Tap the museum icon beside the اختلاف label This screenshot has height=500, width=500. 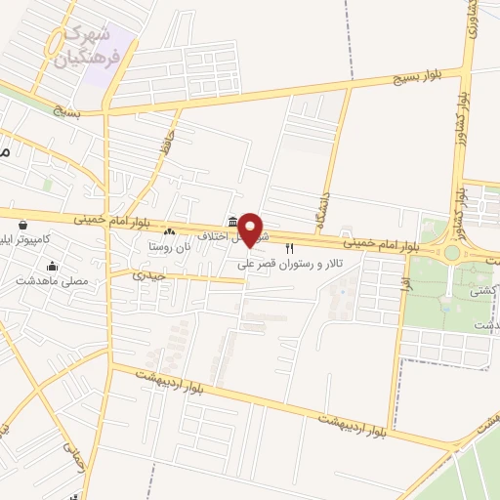tap(231, 222)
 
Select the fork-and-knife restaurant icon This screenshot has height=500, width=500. tap(289, 250)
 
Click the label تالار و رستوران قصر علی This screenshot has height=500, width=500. tap(289, 265)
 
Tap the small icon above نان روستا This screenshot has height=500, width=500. tap(171, 231)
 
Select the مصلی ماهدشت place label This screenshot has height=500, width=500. tap(51, 280)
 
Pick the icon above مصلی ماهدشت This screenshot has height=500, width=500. tap(52, 266)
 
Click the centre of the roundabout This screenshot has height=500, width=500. tap(451, 253)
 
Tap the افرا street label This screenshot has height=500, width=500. tap(403, 283)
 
